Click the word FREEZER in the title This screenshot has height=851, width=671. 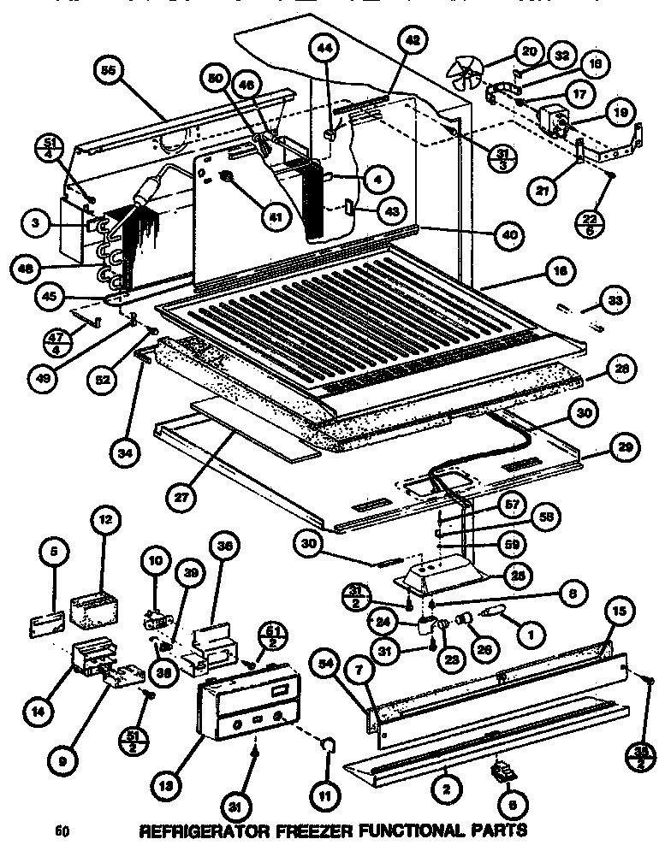303,829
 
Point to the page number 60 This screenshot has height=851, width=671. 61,830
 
